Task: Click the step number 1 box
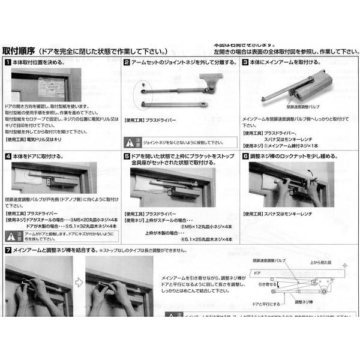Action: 7,62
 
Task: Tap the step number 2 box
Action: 127,62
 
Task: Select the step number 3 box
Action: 246,62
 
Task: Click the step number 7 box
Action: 7,249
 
